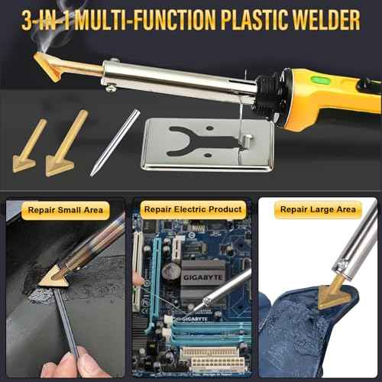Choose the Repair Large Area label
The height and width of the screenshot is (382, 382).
tap(318, 209)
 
